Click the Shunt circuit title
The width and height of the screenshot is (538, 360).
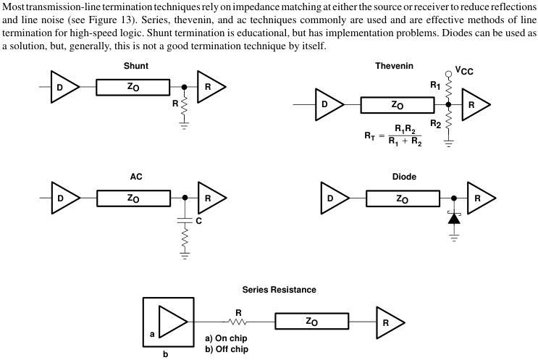pyautogui.click(x=136, y=66)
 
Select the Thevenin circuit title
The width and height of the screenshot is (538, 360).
pyautogui.click(x=395, y=66)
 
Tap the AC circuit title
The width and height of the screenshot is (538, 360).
pyautogui.click(x=136, y=176)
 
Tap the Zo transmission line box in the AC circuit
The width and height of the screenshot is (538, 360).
pyautogui.click(x=133, y=198)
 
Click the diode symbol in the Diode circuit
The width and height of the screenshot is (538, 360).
pyautogui.click(x=454, y=218)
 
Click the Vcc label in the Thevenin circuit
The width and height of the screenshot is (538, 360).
pyautogui.click(x=464, y=72)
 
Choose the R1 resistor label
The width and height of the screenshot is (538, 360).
pyautogui.click(x=435, y=85)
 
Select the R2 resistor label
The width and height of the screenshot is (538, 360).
pyautogui.click(x=435, y=124)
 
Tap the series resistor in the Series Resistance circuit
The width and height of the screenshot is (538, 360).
pyautogui.click(x=237, y=321)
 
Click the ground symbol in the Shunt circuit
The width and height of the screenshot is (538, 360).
pyautogui.click(x=185, y=125)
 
